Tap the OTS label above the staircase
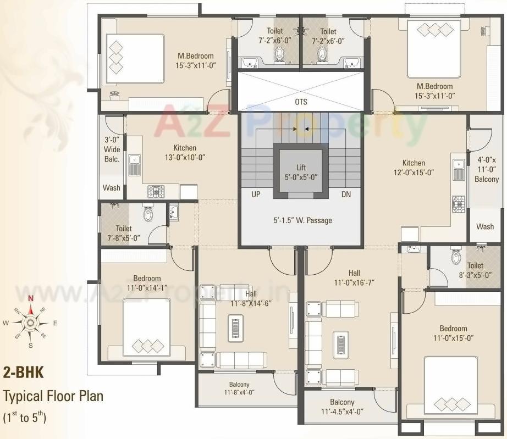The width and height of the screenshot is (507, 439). click(x=301, y=102)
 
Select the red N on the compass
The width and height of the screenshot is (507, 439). click(x=31, y=299)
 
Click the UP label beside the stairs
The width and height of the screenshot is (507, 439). click(x=256, y=195)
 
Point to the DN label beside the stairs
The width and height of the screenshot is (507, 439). click(x=346, y=195)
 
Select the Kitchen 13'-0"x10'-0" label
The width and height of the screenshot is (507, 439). click(x=185, y=152)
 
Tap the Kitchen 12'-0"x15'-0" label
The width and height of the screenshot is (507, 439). click(x=413, y=167)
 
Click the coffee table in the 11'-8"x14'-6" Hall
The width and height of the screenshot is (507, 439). click(x=235, y=329)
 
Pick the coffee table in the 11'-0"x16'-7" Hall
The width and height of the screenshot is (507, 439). click(x=341, y=344)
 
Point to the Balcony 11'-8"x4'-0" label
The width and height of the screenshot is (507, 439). click(x=239, y=388)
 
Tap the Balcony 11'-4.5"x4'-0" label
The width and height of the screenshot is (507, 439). click(x=342, y=407)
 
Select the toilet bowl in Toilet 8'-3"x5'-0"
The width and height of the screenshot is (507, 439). click(x=456, y=256)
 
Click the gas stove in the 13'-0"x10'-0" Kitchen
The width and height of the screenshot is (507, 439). click(x=156, y=191)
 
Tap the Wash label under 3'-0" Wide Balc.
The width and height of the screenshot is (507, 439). click(x=111, y=187)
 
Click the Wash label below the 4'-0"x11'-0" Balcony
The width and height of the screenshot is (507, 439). click(x=485, y=226)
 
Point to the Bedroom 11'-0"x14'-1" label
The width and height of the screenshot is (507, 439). click(x=147, y=282)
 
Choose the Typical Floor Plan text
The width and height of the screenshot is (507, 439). click(x=53, y=396)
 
